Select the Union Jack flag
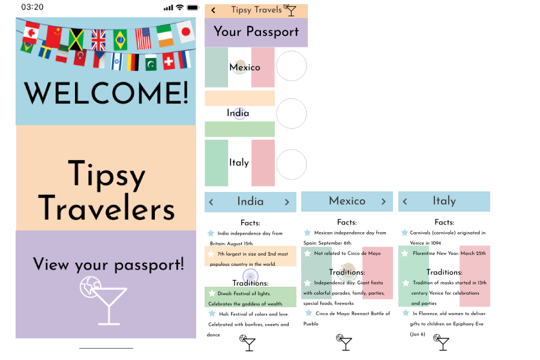click(98, 40)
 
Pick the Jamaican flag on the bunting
click(76, 40)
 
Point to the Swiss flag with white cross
click(169, 61)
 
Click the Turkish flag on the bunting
click(80, 58)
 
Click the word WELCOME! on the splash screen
click(106, 94)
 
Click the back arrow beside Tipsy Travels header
click(214, 10)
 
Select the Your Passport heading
click(256, 32)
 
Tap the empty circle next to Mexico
click(291, 66)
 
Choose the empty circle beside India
click(291, 113)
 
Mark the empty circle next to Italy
click(291, 164)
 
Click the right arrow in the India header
click(287, 202)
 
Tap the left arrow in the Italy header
click(405, 202)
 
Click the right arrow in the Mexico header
click(384, 202)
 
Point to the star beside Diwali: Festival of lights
click(211, 293)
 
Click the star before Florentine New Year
click(406, 253)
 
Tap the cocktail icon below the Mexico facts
click(344, 341)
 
